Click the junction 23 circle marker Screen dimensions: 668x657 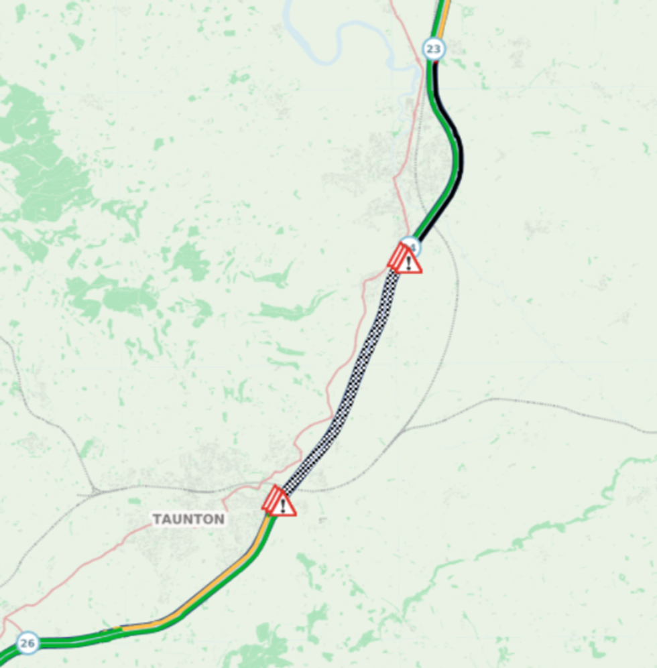(x=434, y=49)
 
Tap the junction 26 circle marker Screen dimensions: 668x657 (x=27, y=643)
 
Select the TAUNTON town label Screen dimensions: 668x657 (x=188, y=519)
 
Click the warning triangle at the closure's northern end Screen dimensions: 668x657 (x=408, y=262)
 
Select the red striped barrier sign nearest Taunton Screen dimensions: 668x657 (x=272, y=499)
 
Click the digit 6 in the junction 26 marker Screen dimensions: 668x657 (x=30, y=643)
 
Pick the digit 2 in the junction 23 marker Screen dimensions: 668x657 (x=430, y=49)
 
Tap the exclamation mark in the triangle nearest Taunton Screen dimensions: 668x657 (x=284, y=506)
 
